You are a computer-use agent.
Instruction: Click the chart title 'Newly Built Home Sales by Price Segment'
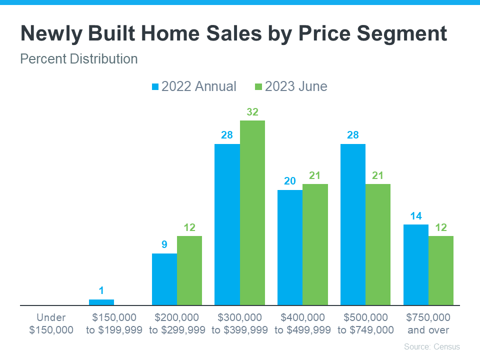(x=233, y=33)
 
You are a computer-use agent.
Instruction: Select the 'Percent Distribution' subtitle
(x=78, y=59)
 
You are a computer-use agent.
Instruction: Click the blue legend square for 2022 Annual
(x=155, y=86)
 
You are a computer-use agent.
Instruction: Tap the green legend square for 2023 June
(x=258, y=86)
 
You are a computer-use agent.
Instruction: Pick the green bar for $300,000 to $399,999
(x=252, y=212)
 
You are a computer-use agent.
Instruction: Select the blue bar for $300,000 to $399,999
(x=227, y=224)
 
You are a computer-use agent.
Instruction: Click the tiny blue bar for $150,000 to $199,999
(x=101, y=302)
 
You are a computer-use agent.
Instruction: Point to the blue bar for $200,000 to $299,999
(x=164, y=279)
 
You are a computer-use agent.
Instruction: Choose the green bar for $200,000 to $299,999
(x=189, y=270)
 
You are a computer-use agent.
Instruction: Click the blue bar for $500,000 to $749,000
(x=353, y=224)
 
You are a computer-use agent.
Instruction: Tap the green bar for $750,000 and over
(x=441, y=270)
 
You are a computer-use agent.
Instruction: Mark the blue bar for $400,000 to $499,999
(x=290, y=247)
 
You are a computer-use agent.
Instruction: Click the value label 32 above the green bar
(x=252, y=112)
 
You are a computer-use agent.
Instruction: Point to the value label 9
(x=164, y=245)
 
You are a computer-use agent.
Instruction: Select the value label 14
(x=416, y=216)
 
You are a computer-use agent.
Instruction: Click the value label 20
(x=290, y=181)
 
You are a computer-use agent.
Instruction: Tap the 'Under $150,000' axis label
(x=51, y=323)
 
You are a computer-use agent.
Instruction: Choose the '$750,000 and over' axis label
(x=428, y=323)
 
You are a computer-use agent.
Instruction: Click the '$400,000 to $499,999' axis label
(x=302, y=323)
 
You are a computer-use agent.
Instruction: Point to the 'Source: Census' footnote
(x=431, y=346)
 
